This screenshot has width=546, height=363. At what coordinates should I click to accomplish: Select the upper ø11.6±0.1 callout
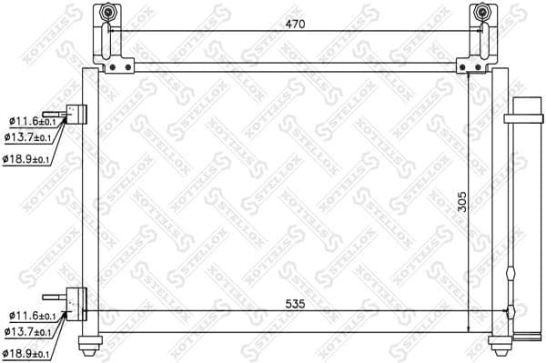click(31, 121)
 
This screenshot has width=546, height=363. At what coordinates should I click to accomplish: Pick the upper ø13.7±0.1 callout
click(31, 137)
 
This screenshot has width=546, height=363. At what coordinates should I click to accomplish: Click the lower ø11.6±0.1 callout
click(31, 316)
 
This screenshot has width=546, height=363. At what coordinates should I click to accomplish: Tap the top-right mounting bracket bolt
click(481, 15)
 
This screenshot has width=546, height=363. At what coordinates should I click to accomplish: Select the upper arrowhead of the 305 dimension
click(469, 76)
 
